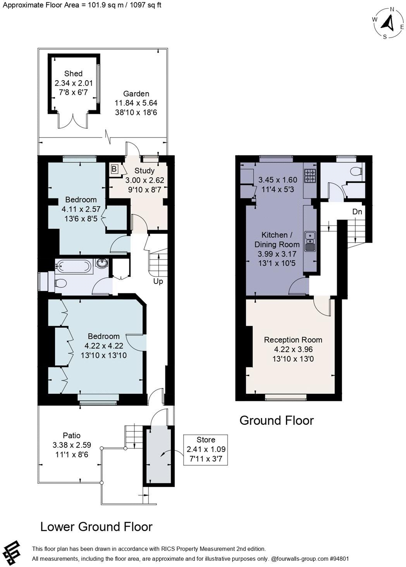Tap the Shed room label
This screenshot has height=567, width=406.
coord(73,73)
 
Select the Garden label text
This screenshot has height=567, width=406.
coord(136,94)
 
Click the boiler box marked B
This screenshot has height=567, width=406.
coord(114,169)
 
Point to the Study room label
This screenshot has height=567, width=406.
coord(145,171)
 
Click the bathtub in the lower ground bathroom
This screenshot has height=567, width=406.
coord(73,266)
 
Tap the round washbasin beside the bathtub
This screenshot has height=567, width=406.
coord(102,263)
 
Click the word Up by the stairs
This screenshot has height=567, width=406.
coord(158,282)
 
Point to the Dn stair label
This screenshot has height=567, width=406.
coord(357,212)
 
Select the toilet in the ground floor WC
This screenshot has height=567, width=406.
coord(356,171)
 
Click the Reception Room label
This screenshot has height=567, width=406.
coord(293,340)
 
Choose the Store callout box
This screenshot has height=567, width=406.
coord(206,450)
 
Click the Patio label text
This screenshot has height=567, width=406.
coord(72,436)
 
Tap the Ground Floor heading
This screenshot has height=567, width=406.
coord(277,420)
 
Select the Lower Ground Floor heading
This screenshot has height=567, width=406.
coord(96,527)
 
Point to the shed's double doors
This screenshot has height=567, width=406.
coord(72,120)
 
